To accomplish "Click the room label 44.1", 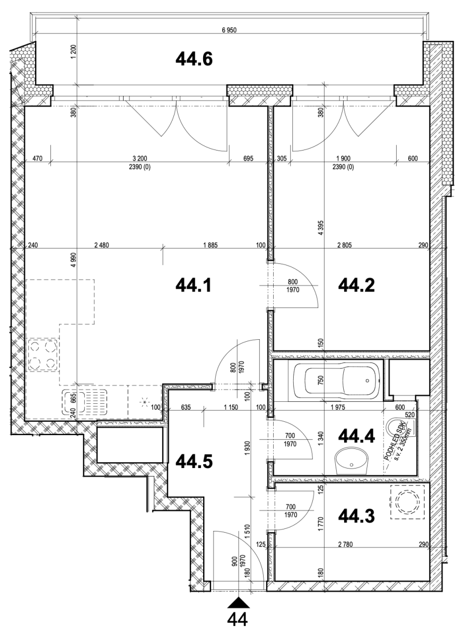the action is tap(194, 285).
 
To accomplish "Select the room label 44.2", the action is tap(356, 285).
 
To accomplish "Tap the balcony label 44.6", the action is tap(194, 59).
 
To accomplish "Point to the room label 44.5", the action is tap(194, 462).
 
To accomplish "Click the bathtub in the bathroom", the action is tap(337, 381).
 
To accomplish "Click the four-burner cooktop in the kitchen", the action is tap(43, 355).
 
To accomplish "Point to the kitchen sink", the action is tap(85, 402).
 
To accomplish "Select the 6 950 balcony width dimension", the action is tap(229, 30).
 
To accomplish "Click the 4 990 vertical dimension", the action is tap(74, 260).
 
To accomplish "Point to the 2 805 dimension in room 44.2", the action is tap(344, 245).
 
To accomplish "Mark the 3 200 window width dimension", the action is tap(140, 158).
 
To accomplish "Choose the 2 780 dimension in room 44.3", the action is tap(345, 544).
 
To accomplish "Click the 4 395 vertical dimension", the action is tap(321, 227).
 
